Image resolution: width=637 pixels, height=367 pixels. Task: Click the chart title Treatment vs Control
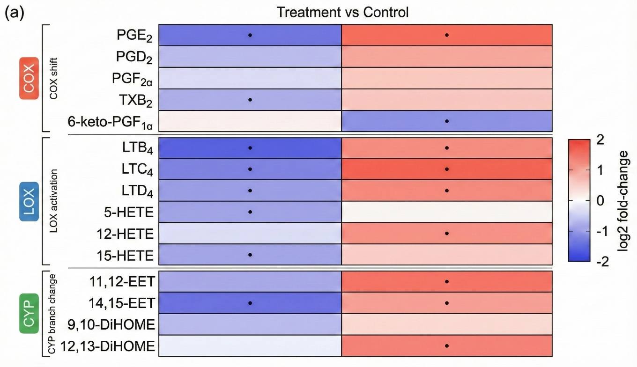pyautogui.click(x=342, y=12)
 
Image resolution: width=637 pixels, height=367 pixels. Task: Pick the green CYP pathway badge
pyautogui.click(x=30, y=314)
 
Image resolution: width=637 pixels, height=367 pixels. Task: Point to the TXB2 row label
pyautogui.click(x=133, y=100)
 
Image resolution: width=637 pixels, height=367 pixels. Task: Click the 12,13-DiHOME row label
pyautogui.click(x=111, y=346)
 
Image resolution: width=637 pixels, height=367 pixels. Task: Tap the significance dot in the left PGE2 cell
pyautogui.click(x=250, y=35)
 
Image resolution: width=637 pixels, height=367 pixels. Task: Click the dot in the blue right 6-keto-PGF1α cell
pyautogui.click(x=447, y=121)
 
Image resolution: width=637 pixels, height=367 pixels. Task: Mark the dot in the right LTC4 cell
pyautogui.click(x=447, y=169)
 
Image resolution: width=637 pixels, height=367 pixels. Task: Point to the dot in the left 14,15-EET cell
pyautogui.click(x=250, y=303)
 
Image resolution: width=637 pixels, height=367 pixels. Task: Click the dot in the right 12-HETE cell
pyautogui.click(x=447, y=233)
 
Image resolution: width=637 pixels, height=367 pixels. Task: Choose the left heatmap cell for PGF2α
pyautogui.click(x=250, y=78)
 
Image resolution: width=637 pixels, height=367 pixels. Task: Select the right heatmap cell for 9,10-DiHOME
pyautogui.click(x=447, y=324)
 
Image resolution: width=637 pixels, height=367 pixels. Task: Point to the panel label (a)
pyautogui.click(x=15, y=13)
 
